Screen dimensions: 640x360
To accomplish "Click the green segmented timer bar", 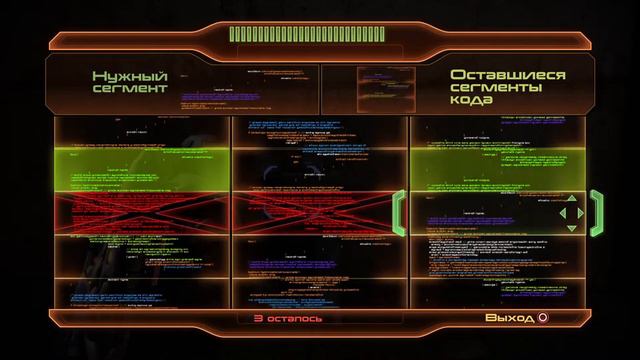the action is [x=319, y=34].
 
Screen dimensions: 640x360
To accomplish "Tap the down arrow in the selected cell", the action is [x=571, y=224].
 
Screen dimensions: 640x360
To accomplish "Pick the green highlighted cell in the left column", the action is [x=140, y=166].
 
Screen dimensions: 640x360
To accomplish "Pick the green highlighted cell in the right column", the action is [x=498, y=166].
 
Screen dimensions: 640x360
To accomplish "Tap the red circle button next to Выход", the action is [x=543, y=319].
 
